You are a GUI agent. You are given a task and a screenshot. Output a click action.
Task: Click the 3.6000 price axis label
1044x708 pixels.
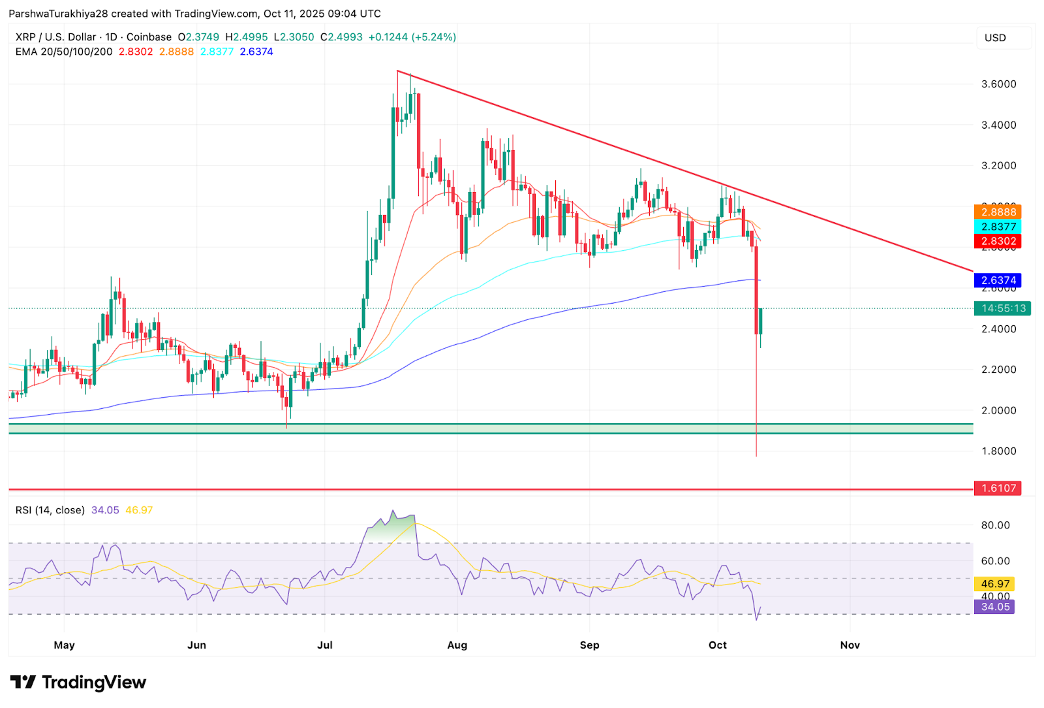pos(998,84)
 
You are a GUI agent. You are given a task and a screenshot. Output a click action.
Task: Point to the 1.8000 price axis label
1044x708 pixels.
pos(998,451)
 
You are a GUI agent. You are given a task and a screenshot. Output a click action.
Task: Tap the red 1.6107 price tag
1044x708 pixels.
pos(997,489)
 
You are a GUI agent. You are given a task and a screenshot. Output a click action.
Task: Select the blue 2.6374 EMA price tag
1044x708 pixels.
pos(997,281)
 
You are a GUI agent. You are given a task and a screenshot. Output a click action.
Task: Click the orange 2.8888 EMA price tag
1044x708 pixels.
pos(997,212)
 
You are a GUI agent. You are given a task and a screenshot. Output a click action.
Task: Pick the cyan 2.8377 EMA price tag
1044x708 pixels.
pos(997,227)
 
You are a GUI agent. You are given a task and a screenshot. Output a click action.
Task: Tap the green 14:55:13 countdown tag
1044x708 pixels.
pos(1002,308)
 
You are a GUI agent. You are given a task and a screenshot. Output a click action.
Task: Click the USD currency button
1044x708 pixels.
pos(995,38)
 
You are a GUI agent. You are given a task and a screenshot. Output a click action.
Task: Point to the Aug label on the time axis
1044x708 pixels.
pos(457,645)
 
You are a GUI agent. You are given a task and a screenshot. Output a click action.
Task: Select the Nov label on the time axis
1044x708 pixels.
pos(850,645)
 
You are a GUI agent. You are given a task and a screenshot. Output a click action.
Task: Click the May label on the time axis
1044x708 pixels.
pos(64,645)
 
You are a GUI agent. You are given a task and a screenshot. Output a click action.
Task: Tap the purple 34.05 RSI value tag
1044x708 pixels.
pos(994,607)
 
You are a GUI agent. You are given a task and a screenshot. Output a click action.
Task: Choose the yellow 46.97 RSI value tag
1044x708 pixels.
pos(994,584)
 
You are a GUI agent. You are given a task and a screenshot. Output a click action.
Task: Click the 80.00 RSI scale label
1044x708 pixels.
pos(995,525)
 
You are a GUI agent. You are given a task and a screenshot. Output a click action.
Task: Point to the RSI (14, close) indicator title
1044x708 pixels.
pos(50,510)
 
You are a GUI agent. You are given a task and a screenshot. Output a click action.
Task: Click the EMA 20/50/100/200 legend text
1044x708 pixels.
pos(64,52)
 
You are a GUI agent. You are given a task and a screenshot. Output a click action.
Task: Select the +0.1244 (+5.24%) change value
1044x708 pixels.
pos(412,37)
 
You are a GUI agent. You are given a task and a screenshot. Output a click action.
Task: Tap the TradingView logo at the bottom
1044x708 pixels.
pos(78,683)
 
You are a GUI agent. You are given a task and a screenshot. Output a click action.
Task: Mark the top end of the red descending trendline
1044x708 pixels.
pos(397,71)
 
